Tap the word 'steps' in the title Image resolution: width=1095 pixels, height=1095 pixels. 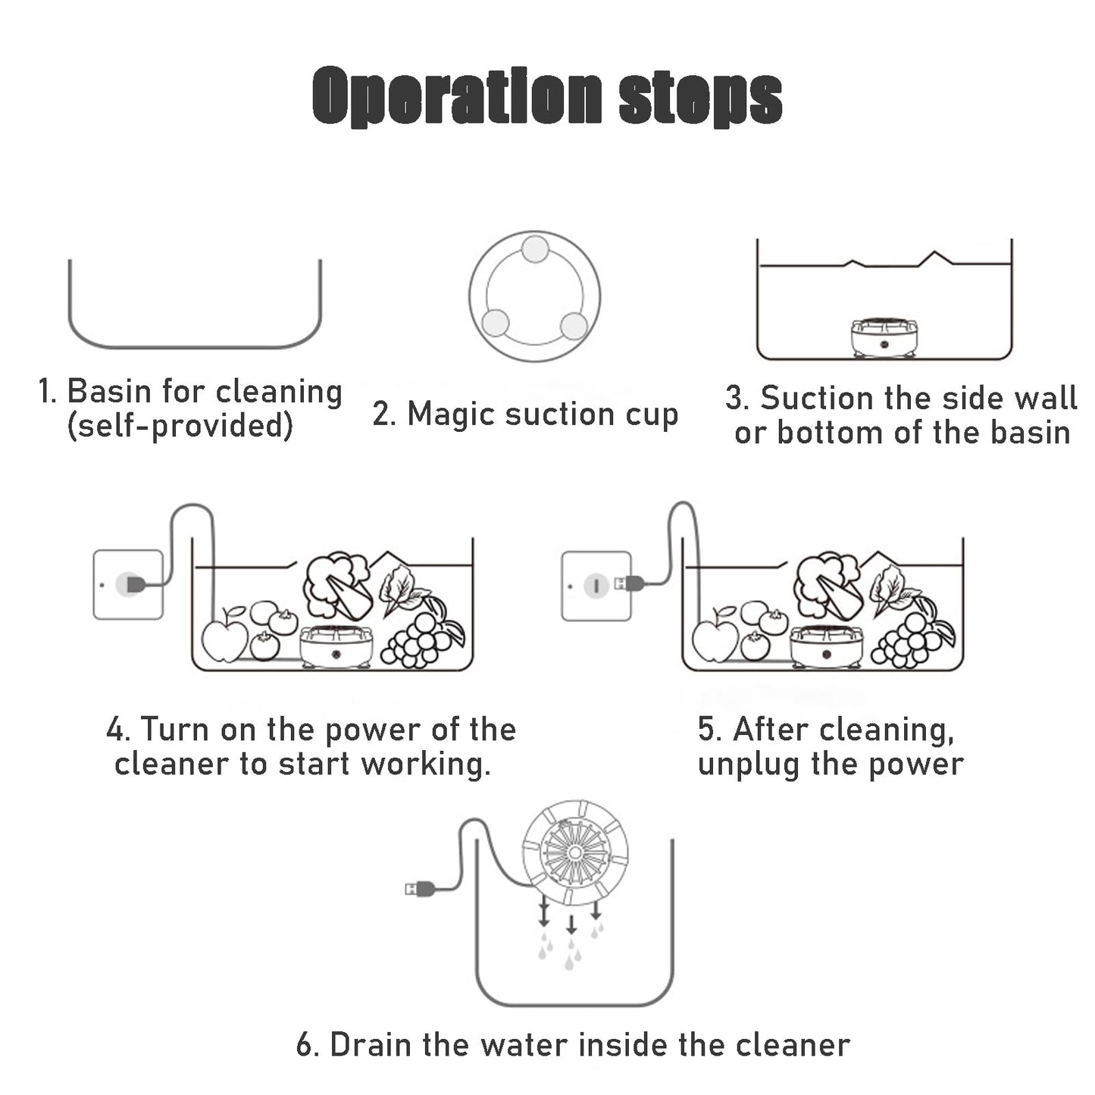click(x=700, y=100)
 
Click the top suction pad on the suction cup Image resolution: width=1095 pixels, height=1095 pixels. click(x=535, y=249)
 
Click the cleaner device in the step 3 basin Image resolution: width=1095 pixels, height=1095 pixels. click(x=884, y=337)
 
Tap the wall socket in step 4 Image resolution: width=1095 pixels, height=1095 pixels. click(x=128, y=584)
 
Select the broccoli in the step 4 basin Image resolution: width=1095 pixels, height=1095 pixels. click(x=336, y=584)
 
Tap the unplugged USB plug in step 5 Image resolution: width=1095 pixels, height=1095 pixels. click(x=629, y=583)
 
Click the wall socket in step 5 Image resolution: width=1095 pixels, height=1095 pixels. click(x=596, y=585)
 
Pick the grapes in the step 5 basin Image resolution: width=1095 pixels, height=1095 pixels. click(x=908, y=640)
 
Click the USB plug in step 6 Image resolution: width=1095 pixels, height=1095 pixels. click(x=420, y=888)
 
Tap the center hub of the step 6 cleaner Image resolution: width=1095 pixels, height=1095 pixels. click(x=574, y=853)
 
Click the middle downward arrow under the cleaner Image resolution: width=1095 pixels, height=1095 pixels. click(x=571, y=924)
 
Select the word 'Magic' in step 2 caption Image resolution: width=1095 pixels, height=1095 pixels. click(x=452, y=415)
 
